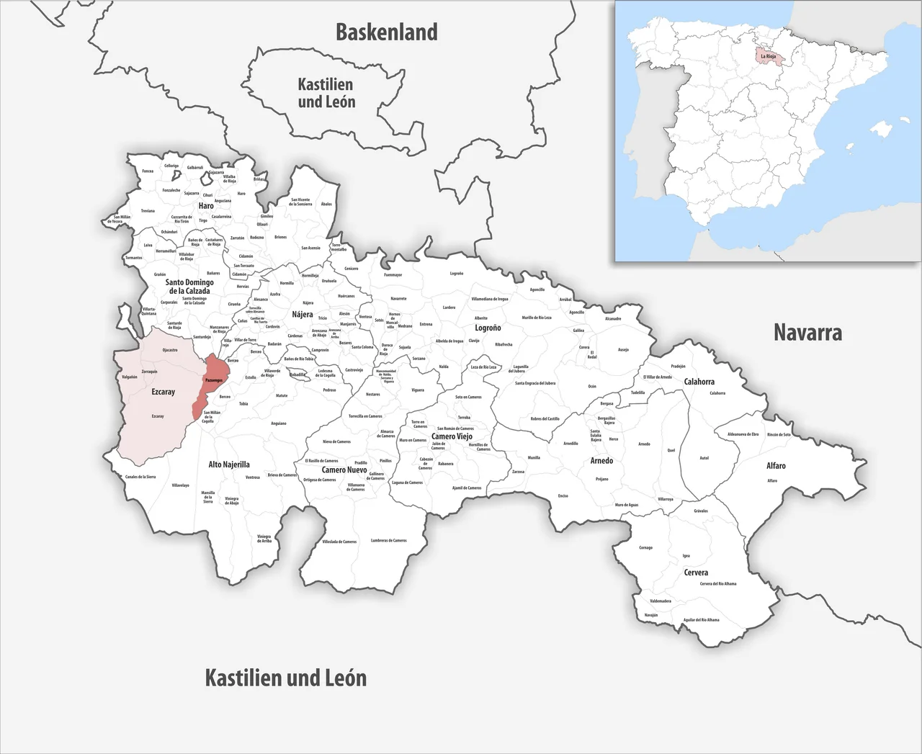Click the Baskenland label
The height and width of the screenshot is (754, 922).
click(386, 32)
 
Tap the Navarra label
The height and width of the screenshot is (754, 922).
click(807, 332)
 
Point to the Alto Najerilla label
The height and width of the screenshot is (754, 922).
click(228, 464)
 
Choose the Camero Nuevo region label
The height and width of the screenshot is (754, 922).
click(344, 470)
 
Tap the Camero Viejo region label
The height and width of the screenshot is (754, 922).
click(452, 436)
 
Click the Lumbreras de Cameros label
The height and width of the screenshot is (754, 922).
click(388, 540)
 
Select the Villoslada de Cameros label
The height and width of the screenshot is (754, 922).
click(339, 542)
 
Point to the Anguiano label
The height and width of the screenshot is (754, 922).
click(278, 423)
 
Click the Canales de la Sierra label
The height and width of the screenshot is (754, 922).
click(140, 477)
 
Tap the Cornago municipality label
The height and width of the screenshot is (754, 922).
click(645, 547)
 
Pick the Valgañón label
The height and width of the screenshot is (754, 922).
click(130, 377)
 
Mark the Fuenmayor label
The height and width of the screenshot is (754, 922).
click(393, 274)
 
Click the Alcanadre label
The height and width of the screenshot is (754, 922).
click(613, 318)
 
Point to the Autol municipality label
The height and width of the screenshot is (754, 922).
click(704, 458)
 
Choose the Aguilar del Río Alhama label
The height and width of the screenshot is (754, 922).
click(701, 619)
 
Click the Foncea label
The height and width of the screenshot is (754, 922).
click(148, 171)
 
